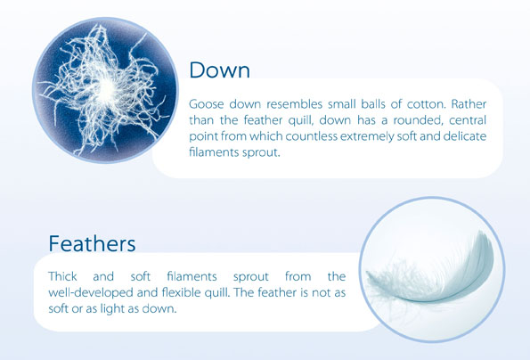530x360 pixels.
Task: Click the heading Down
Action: point(220,70)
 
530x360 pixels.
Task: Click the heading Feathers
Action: point(92,243)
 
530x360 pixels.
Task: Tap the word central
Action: point(468,120)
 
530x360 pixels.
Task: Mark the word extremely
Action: point(367,137)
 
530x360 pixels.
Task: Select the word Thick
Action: point(63,276)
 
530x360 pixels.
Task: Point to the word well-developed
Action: point(91,293)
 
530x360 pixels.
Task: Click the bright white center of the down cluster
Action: point(107,88)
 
